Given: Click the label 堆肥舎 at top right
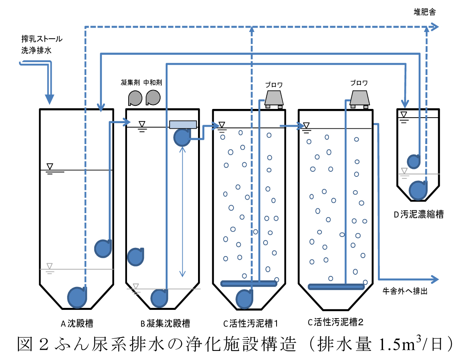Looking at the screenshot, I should (x=424, y=12).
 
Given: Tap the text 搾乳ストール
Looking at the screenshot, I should (x=42, y=39).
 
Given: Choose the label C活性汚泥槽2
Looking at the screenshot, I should (x=335, y=322).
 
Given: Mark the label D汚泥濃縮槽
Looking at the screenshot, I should (x=418, y=215).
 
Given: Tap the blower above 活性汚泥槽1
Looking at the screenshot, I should (x=275, y=99).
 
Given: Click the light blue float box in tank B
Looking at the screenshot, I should (x=183, y=125).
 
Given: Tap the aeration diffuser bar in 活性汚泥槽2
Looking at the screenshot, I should (x=336, y=287).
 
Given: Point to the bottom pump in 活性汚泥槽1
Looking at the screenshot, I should (x=245, y=299).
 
